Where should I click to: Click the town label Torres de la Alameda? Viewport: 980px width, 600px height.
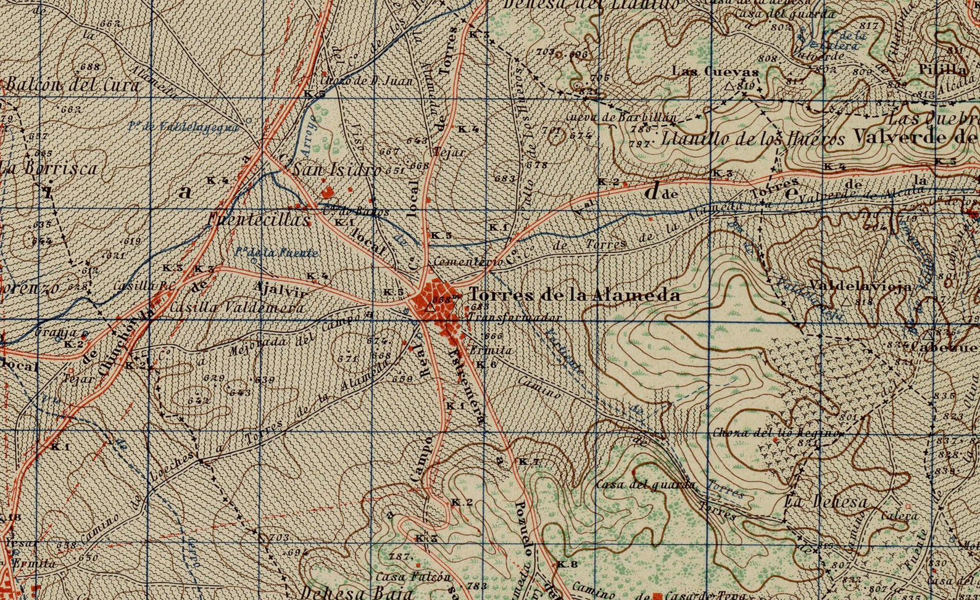[x=575, y=295]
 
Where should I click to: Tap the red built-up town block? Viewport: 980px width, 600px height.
[x=439, y=302]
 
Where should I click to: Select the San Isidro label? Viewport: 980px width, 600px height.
[x=337, y=170]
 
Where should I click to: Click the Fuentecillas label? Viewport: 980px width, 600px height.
[x=259, y=219]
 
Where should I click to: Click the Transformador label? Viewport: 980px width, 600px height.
[x=515, y=317]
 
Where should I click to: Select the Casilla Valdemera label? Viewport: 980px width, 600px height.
[x=238, y=307]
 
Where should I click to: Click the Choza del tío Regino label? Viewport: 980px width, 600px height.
[x=776, y=432]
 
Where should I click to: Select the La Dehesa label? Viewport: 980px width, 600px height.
[x=825, y=502]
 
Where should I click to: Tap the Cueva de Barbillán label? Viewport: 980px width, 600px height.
[x=621, y=117]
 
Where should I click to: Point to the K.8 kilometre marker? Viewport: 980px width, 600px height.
[x=566, y=564]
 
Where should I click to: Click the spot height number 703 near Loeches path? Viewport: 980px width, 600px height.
[x=279, y=538]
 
